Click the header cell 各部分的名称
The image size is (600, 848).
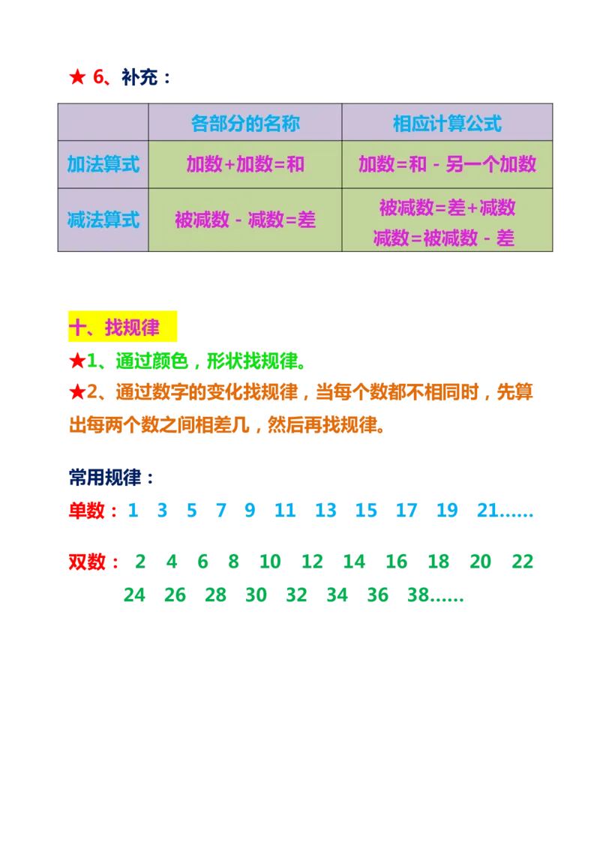pos(245,123)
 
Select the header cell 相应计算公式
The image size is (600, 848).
pos(447,123)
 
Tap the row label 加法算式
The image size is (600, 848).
pos(103,164)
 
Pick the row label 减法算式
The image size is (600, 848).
pos(103,220)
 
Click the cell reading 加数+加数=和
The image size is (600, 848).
pos(245,164)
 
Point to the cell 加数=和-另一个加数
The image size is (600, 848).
pos(447,164)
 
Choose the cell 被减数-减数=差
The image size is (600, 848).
pos(245,220)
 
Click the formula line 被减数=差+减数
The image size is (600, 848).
pos(447,207)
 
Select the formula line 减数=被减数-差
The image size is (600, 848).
pos(444,238)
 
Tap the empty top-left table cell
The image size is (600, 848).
pos(103,123)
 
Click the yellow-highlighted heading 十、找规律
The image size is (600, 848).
pos(123,328)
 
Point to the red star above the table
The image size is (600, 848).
pos(76,77)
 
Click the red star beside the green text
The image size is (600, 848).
pos(76,362)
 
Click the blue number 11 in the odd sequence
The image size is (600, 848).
pos(283,511)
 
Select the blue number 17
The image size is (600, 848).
pos(406,511)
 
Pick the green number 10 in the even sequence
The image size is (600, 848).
pos(270,561)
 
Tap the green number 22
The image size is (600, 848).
pos(522,561)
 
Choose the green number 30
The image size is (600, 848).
pos(256,595)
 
